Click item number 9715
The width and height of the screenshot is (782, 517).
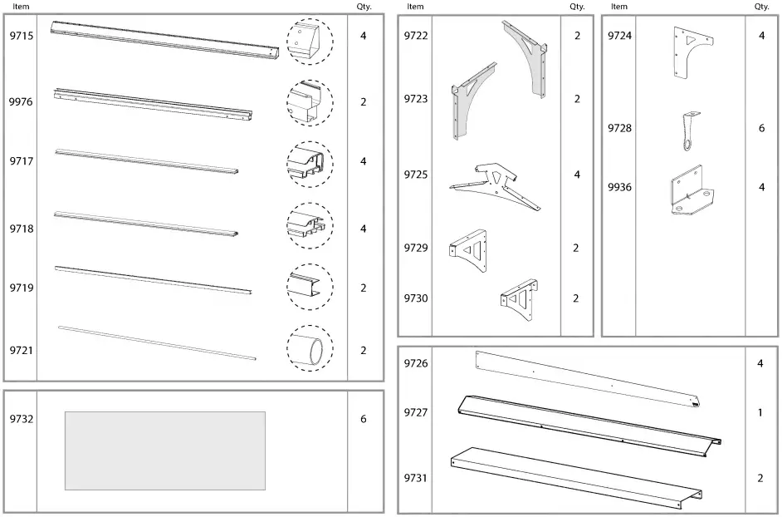tap(21, 37)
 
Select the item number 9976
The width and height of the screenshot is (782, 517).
tap(21, 102)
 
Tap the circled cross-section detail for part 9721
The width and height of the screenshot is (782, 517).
tap(310, 349)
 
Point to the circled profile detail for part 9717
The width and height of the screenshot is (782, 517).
tap(310, 163)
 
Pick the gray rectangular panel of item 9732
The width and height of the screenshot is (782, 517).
tap(165, 451)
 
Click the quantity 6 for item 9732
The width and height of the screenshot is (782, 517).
tap(364, 419)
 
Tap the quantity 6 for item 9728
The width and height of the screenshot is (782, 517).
tap(761, 129)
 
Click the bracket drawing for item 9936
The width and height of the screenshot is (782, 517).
tap(691, 193)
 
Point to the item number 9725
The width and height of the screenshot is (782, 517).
tap(416, 175)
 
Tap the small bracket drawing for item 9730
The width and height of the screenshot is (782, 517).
tap(519, 297)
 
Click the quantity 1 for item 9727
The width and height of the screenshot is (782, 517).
tap(760, 412)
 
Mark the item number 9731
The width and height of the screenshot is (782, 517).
tap(416, 478)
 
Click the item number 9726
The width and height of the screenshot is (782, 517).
tap(416, 363)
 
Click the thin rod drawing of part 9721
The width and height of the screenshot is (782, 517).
tap(157, 342)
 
